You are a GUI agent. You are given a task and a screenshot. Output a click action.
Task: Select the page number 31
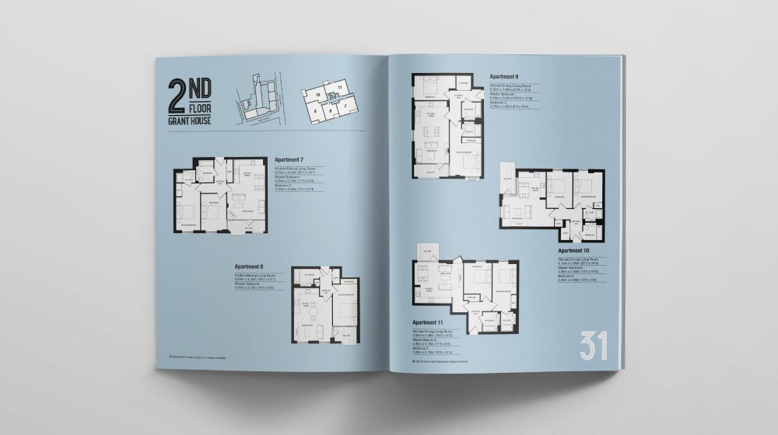(x=593, y=346)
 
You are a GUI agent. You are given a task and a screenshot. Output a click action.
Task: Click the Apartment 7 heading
(x=290, y=159)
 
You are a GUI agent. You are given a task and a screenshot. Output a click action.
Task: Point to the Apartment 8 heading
(x=250, y=266)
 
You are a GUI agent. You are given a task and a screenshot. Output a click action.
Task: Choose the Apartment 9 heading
(x=504, y=77)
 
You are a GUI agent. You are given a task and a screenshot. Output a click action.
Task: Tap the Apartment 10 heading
(x=575, y=251)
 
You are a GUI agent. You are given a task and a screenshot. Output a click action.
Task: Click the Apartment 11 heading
(x=428, y=322)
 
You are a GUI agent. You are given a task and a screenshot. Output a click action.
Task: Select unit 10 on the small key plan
(x=318, y=93)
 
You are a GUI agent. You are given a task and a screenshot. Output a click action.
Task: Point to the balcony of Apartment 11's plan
(x=427, y=250)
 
